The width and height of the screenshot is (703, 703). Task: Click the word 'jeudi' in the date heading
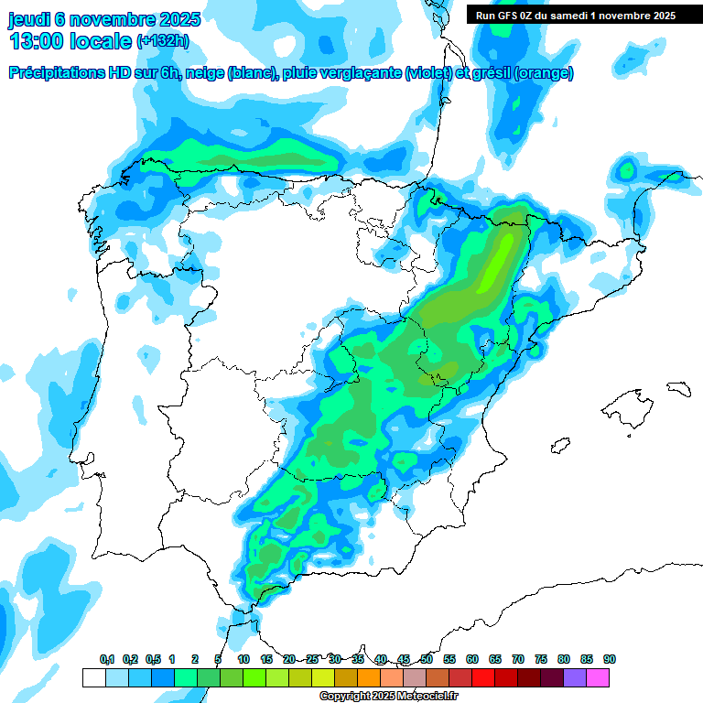coord(30,19)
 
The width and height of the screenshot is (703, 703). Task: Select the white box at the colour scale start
coord(93,678)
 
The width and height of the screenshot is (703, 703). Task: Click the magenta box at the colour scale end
coord(599,678)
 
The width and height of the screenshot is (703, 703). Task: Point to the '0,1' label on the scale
coord(107,660)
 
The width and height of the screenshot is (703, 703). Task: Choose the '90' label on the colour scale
coord(610,660)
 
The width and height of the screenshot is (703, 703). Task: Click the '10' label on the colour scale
coord(243,660)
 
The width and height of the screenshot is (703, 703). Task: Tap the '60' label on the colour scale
coord(472,660)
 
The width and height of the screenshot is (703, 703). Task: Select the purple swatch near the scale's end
coord(575,678)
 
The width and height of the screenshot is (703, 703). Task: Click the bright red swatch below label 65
coord(483,678)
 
